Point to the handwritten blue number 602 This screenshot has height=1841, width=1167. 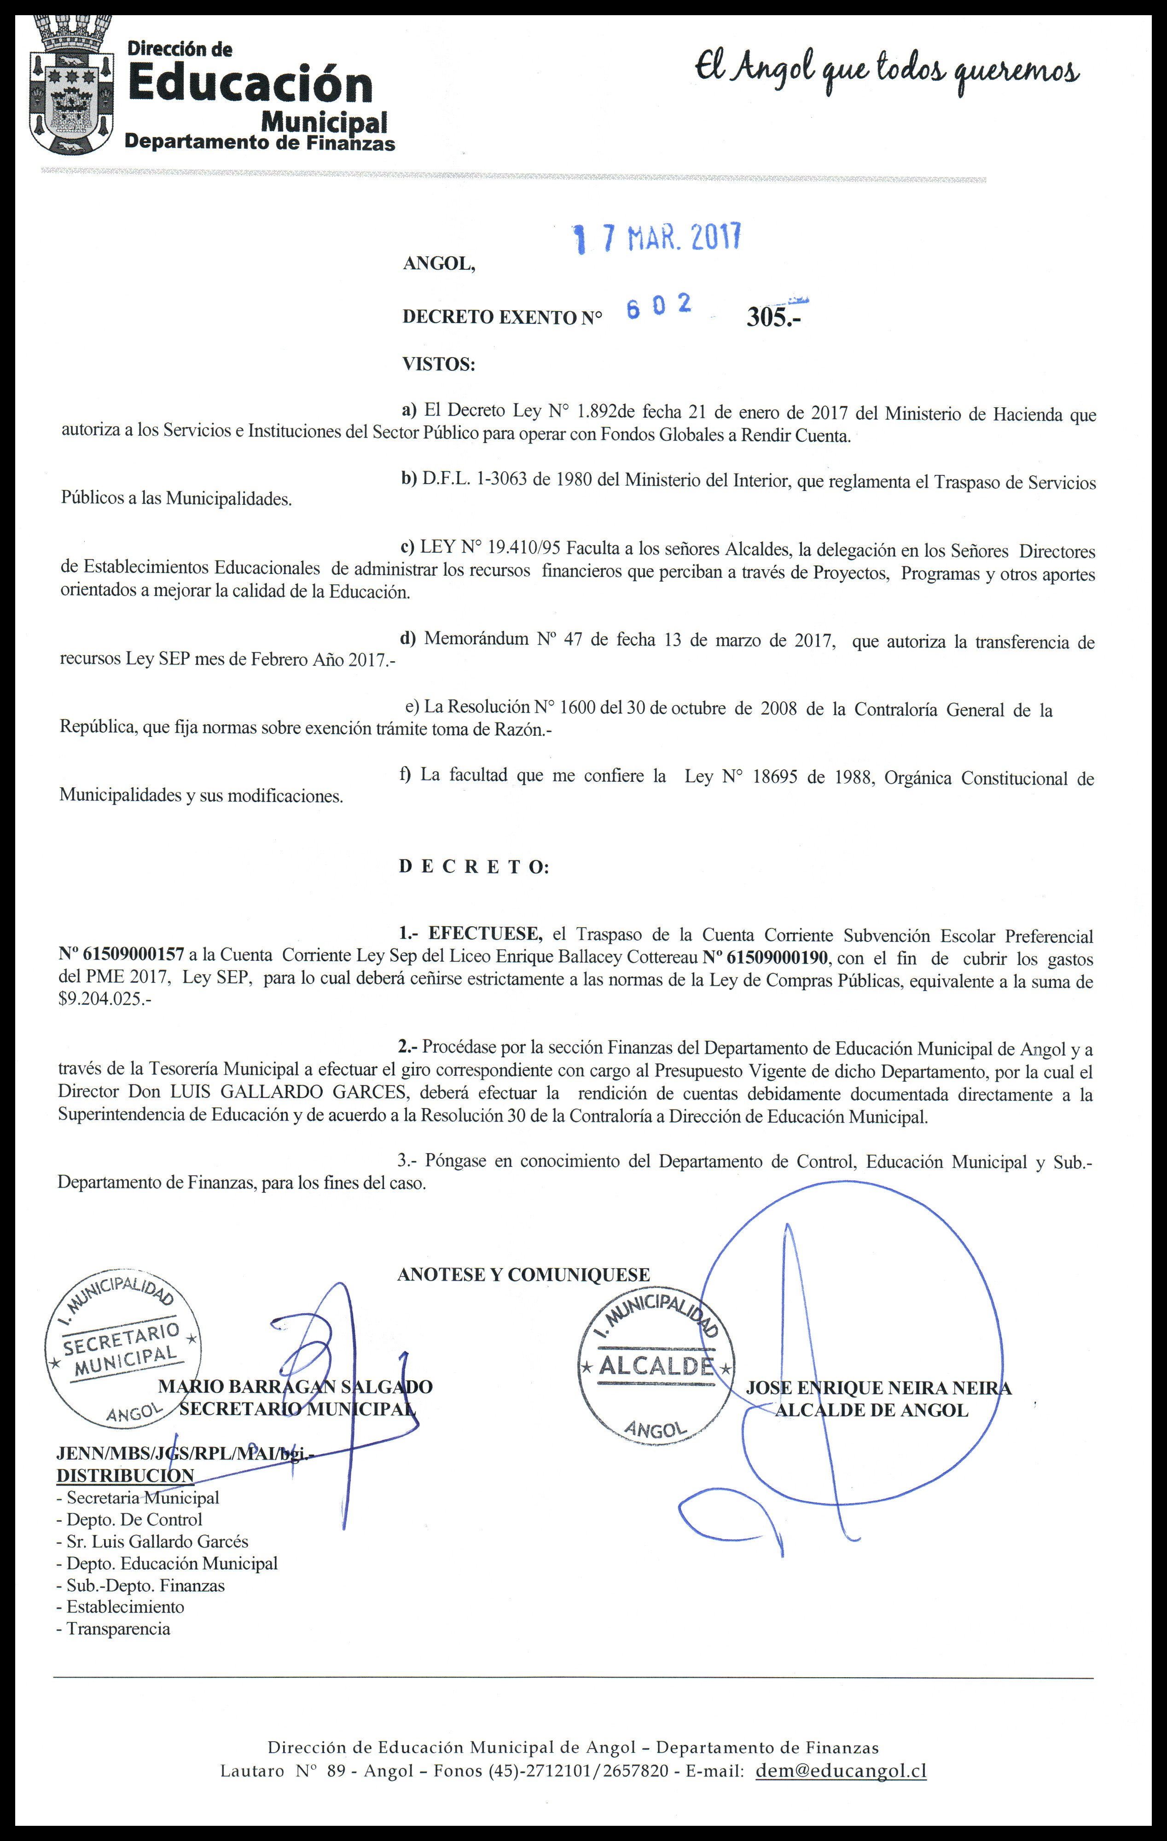point(658,306)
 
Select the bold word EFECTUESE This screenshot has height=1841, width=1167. point(485,934)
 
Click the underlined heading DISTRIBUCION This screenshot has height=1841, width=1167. point(125,1476)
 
